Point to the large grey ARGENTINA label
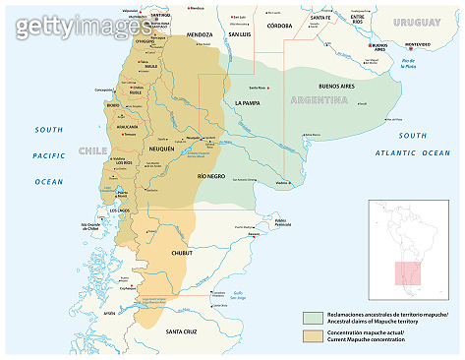[x=320, y=101]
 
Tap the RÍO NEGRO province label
[x=212, y=175]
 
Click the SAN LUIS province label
[x=241, y=34]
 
